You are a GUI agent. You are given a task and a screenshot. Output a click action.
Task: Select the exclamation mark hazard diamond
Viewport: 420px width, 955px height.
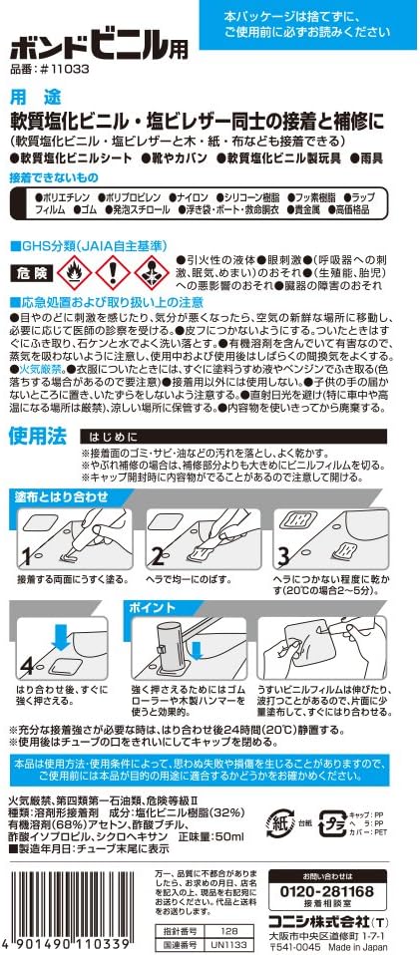coord(116,270)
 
